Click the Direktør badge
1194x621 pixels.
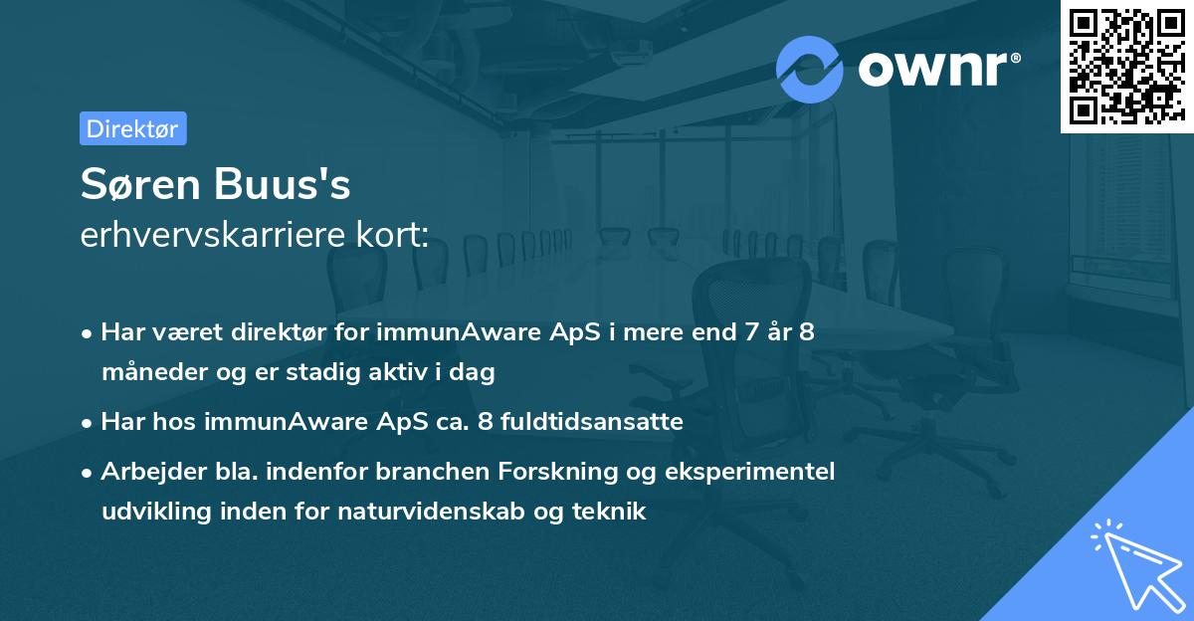(x=132, y=128)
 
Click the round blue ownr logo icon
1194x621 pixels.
(x=810, y=69)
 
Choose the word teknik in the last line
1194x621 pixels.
(x=610, y=512)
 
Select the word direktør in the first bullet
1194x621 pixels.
(x=286, y=332)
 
